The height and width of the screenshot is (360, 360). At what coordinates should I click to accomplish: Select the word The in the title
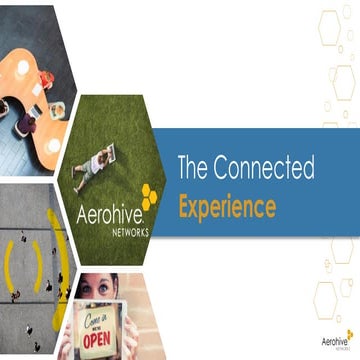pyautogui.click(x=193, y=168)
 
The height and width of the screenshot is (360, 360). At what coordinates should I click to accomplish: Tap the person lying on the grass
pyautogui.click(x=93, y=164)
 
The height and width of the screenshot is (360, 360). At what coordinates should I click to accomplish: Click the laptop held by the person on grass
pyautogui.click(x=109, y=153)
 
